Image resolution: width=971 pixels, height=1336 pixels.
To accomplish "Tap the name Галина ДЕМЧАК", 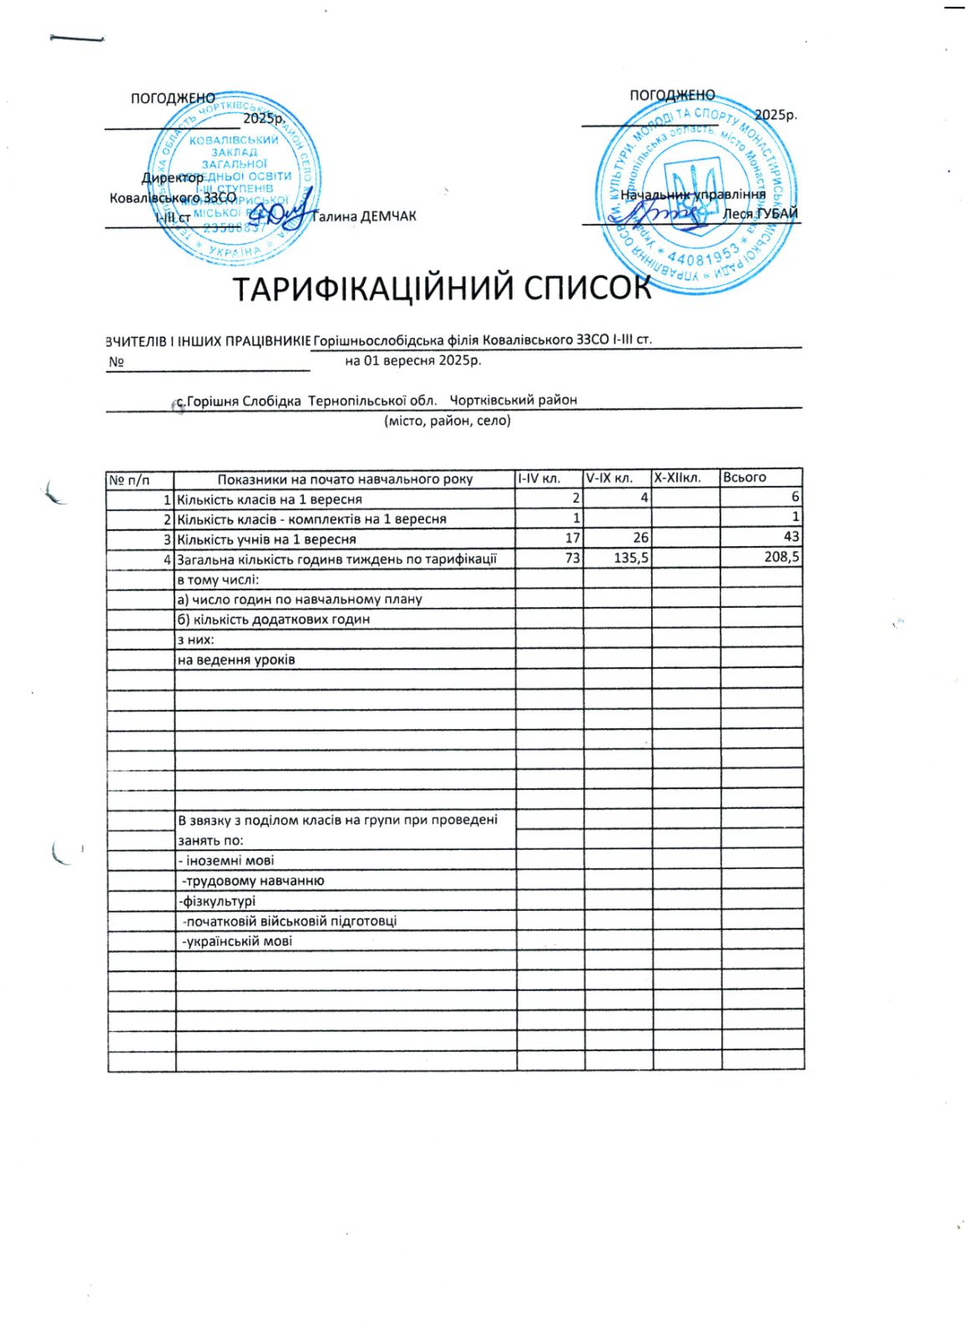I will pos(364,217).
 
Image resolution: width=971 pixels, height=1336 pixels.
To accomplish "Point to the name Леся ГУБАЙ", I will pos(760,214).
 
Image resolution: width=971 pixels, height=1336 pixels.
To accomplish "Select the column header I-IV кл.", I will pos(539,478).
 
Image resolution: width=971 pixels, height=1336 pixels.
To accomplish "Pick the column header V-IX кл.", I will pos(609,478).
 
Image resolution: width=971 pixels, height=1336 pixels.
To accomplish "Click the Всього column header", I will pos(744,478).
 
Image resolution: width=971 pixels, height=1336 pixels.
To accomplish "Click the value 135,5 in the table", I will pos(631,558).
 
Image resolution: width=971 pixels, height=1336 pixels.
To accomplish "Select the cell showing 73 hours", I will pos(572,558).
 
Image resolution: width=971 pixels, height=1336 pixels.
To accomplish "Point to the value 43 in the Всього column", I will pos(791,538).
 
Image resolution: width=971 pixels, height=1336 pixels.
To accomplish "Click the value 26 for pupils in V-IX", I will pos(640,539).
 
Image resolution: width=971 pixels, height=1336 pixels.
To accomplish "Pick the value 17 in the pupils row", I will pos(572,539).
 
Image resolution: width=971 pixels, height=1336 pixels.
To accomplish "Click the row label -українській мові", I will pos(237,942).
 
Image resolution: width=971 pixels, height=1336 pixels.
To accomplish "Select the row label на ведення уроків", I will pos(236,660).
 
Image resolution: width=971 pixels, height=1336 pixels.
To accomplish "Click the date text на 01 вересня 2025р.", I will pos(413,362).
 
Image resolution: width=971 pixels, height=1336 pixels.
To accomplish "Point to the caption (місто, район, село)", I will pos(448,421).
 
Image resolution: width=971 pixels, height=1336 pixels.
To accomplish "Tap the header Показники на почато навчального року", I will pos(345,479).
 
